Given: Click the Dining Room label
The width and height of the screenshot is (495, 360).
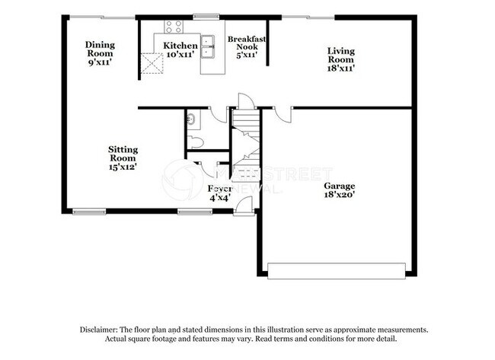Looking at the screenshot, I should tap(100, 49).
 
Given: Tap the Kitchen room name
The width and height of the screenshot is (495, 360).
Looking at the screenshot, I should tap(180, 46).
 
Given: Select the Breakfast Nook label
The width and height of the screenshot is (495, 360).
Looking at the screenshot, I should tap(247, 42).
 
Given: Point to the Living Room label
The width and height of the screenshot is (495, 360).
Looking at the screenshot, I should tap(340, 55).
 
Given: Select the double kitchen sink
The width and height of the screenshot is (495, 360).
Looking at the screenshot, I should tap(208, 47).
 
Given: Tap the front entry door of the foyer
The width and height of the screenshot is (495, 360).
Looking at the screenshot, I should tap(244, 204).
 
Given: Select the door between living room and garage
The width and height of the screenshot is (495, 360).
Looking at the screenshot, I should tap(283, 113).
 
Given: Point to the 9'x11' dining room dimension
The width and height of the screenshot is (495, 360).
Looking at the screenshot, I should tap(100, 62).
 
